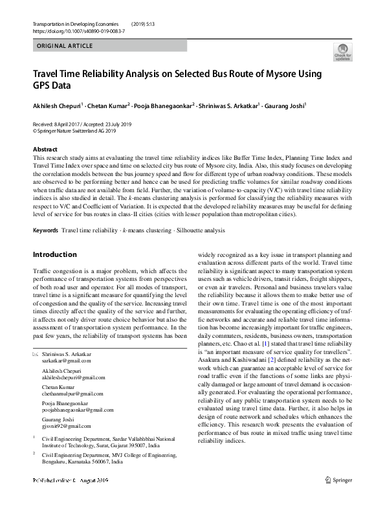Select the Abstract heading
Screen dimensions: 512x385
[45, 150]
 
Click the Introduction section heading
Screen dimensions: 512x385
[55, 254]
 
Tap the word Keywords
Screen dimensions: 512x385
[45, 230]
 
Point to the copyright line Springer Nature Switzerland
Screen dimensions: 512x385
[74, 130]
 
